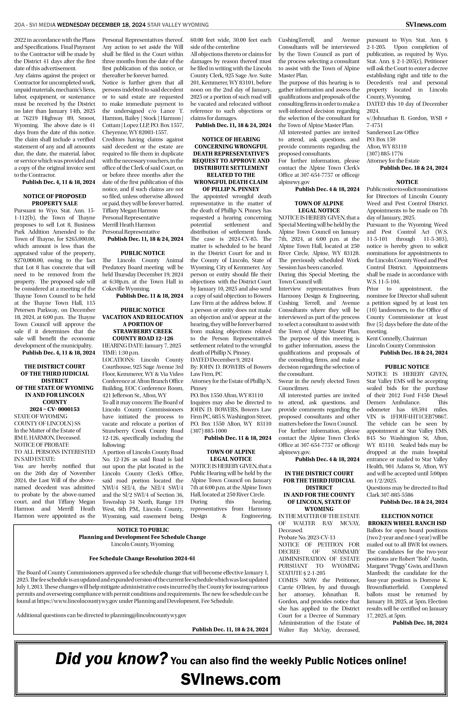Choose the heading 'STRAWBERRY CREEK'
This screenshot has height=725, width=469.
pyautogui.click(x=143, y=331)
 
